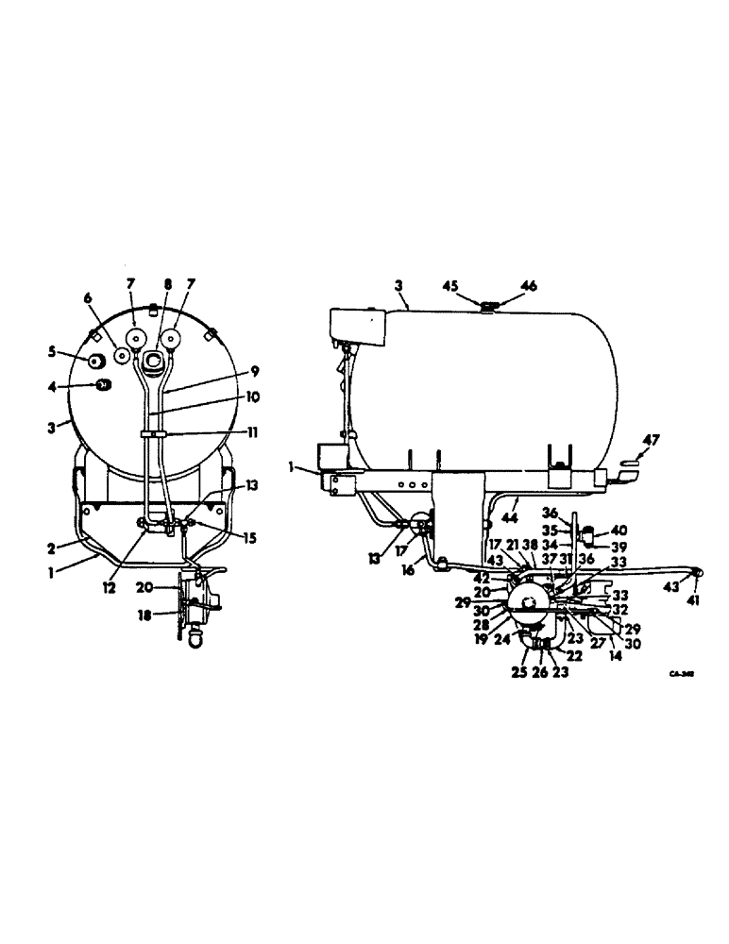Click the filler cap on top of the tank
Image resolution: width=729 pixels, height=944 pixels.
(488, 304)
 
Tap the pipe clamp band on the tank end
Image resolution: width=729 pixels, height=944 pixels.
(154, 433)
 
